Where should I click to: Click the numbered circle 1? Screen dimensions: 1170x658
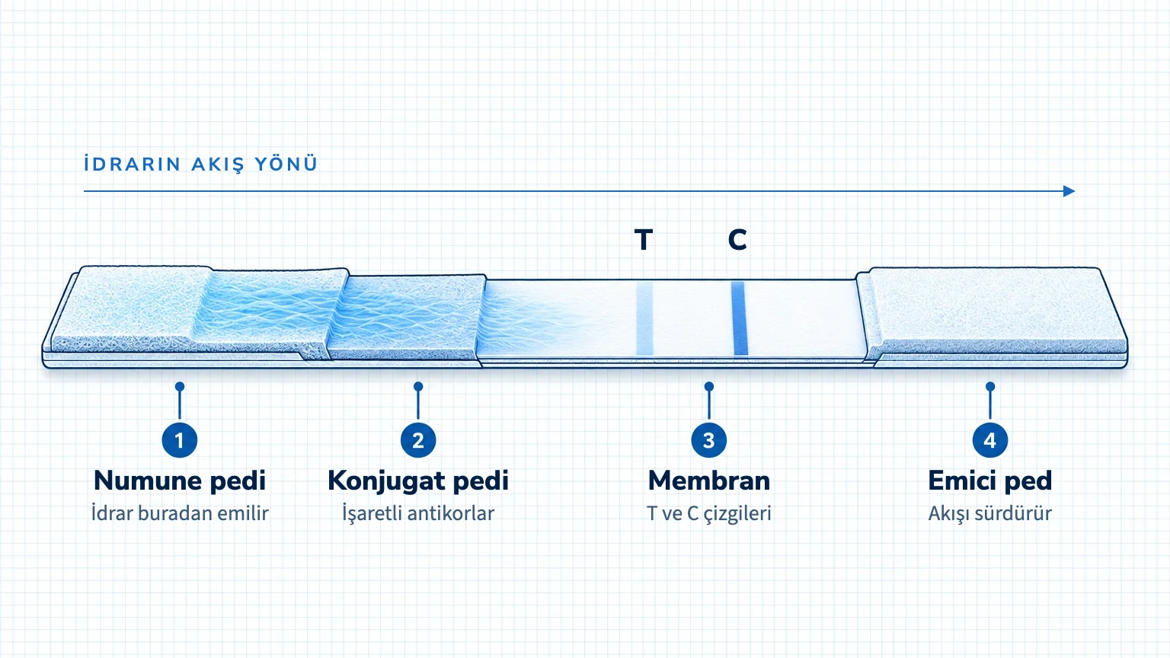(x=180, y=440)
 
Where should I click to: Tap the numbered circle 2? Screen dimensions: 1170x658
(x=418, y=440)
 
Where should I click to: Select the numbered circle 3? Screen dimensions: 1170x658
(x=709, y=440)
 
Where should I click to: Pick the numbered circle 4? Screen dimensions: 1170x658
(x=989, y=440)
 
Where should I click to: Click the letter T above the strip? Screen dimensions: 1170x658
(x=644, y=240)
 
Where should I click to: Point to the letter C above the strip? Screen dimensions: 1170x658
(x=737, y=240)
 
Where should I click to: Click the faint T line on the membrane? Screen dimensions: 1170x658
(x=644, y=318)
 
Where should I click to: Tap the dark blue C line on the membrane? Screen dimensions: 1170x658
(x=739, y=318)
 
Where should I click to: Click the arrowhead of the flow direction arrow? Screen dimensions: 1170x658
(x=1069, y=191)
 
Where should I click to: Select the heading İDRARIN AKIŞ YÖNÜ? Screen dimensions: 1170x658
(x=200, y=164)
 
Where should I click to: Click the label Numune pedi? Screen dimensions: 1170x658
(x=180, y=481)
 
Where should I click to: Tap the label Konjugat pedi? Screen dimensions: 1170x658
(x=418, y=481)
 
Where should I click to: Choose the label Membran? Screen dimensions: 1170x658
(x=709, y=481)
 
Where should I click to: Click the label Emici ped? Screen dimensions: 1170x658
(x=989, y=481)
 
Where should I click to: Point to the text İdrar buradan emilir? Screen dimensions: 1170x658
(x=180, y=513)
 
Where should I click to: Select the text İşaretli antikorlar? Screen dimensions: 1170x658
(x=418, y=513)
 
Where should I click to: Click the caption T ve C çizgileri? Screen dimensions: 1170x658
(x=709, y=513)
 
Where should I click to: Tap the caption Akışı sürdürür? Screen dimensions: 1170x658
(x=989, y=513)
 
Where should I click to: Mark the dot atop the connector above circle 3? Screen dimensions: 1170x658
(x=709, y=386)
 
